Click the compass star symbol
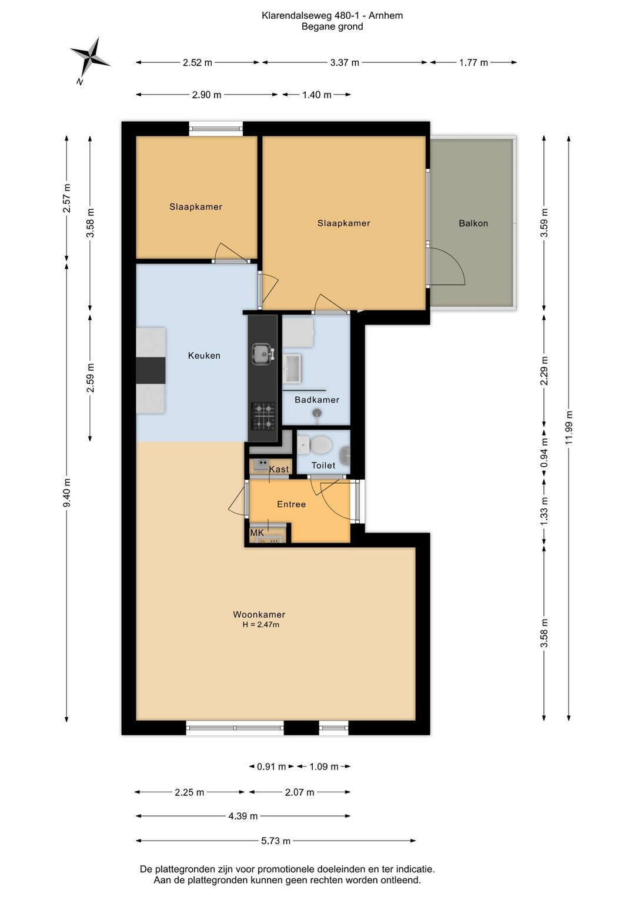pyautogui.click(x=91, y=58)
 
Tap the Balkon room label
pyautogui.click(x=473, y=223)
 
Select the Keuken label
pyautogui.click(x=204, y=356)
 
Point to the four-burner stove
pyautogui.click(x=263, y=416)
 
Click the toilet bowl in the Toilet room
pyautogui.click(x=320, y=445)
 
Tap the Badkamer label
pyautogui.click(x=316, y=400)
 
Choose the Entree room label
pyautogui.click(x=291, y=504)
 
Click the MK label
pyautogui.click(x=257, y=533)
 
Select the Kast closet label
pyautogui.click(x=279, y=469)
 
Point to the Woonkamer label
pyautogui.click(x=259, y=614)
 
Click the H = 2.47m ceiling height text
pyautogui.click(x=260, y=624)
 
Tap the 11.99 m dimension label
pyautogui.click(x=569, y=427)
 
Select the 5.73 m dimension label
pyautogui.click(x=276, y=841)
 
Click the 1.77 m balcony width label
pyautogui.click(x=473, y=62)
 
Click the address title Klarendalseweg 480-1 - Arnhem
pyautogui.click(x=332, y=16)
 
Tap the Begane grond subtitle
pyautogui.click(x=332, y=27)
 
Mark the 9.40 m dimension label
pyautogui.click(x=67, y=492)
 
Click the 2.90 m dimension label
pyautogui.click(x=206, y=95)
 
